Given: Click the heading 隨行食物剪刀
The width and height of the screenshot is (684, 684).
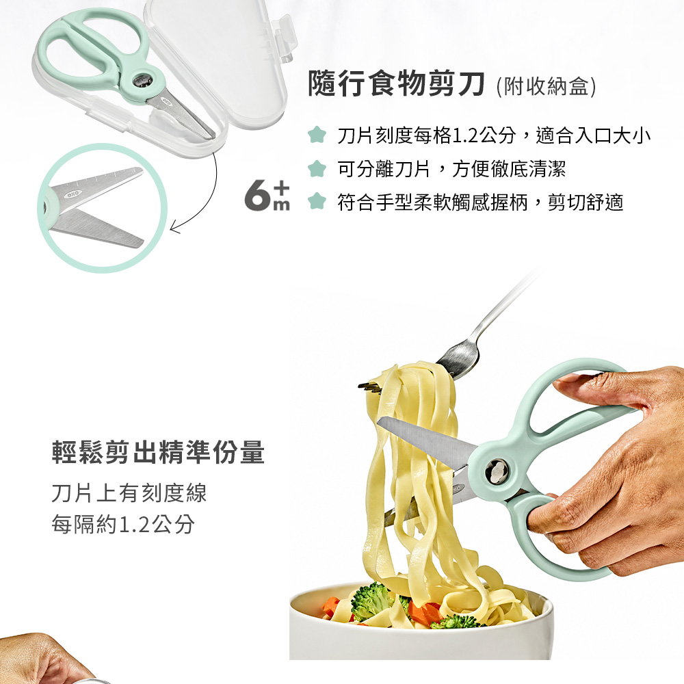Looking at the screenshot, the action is [x=396, y=84].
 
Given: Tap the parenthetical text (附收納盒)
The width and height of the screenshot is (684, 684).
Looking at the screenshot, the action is [x=546, y=86].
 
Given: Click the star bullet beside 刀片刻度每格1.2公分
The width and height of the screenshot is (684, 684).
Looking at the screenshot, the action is [x=317, y=135].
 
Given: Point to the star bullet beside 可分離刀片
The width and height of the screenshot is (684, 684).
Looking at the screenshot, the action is [x=317, y=168].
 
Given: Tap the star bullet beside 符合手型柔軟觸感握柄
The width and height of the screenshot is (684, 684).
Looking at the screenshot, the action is [x=317, y=202].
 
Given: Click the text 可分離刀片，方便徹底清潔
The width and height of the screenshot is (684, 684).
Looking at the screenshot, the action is [x=451, y=169].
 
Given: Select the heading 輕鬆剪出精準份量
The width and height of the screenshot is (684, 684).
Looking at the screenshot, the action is [x=158, y=452].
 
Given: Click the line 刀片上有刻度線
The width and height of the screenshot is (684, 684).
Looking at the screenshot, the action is [x=129, y=493].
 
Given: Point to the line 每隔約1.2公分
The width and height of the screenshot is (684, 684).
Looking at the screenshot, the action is [x=123, y=524].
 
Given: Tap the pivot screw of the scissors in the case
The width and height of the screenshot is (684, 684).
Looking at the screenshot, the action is [x=142, y=80].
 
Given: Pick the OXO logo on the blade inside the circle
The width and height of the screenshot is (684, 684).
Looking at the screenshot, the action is [x=72, y=194].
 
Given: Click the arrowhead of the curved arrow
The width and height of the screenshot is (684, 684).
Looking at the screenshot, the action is [x=175, y=228].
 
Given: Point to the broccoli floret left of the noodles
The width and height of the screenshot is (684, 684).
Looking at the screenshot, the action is [x=370, y=601].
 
